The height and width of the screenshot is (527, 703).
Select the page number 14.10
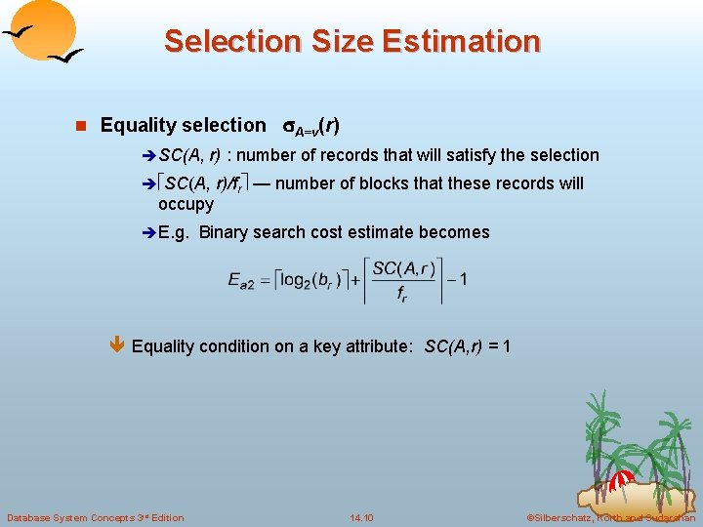360,517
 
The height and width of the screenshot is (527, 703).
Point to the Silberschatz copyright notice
610,517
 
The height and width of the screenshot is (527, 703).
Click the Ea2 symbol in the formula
240,280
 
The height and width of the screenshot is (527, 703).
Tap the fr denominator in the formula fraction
402,297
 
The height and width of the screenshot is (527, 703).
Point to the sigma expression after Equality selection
311,126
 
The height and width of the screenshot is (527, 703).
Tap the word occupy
186,204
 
